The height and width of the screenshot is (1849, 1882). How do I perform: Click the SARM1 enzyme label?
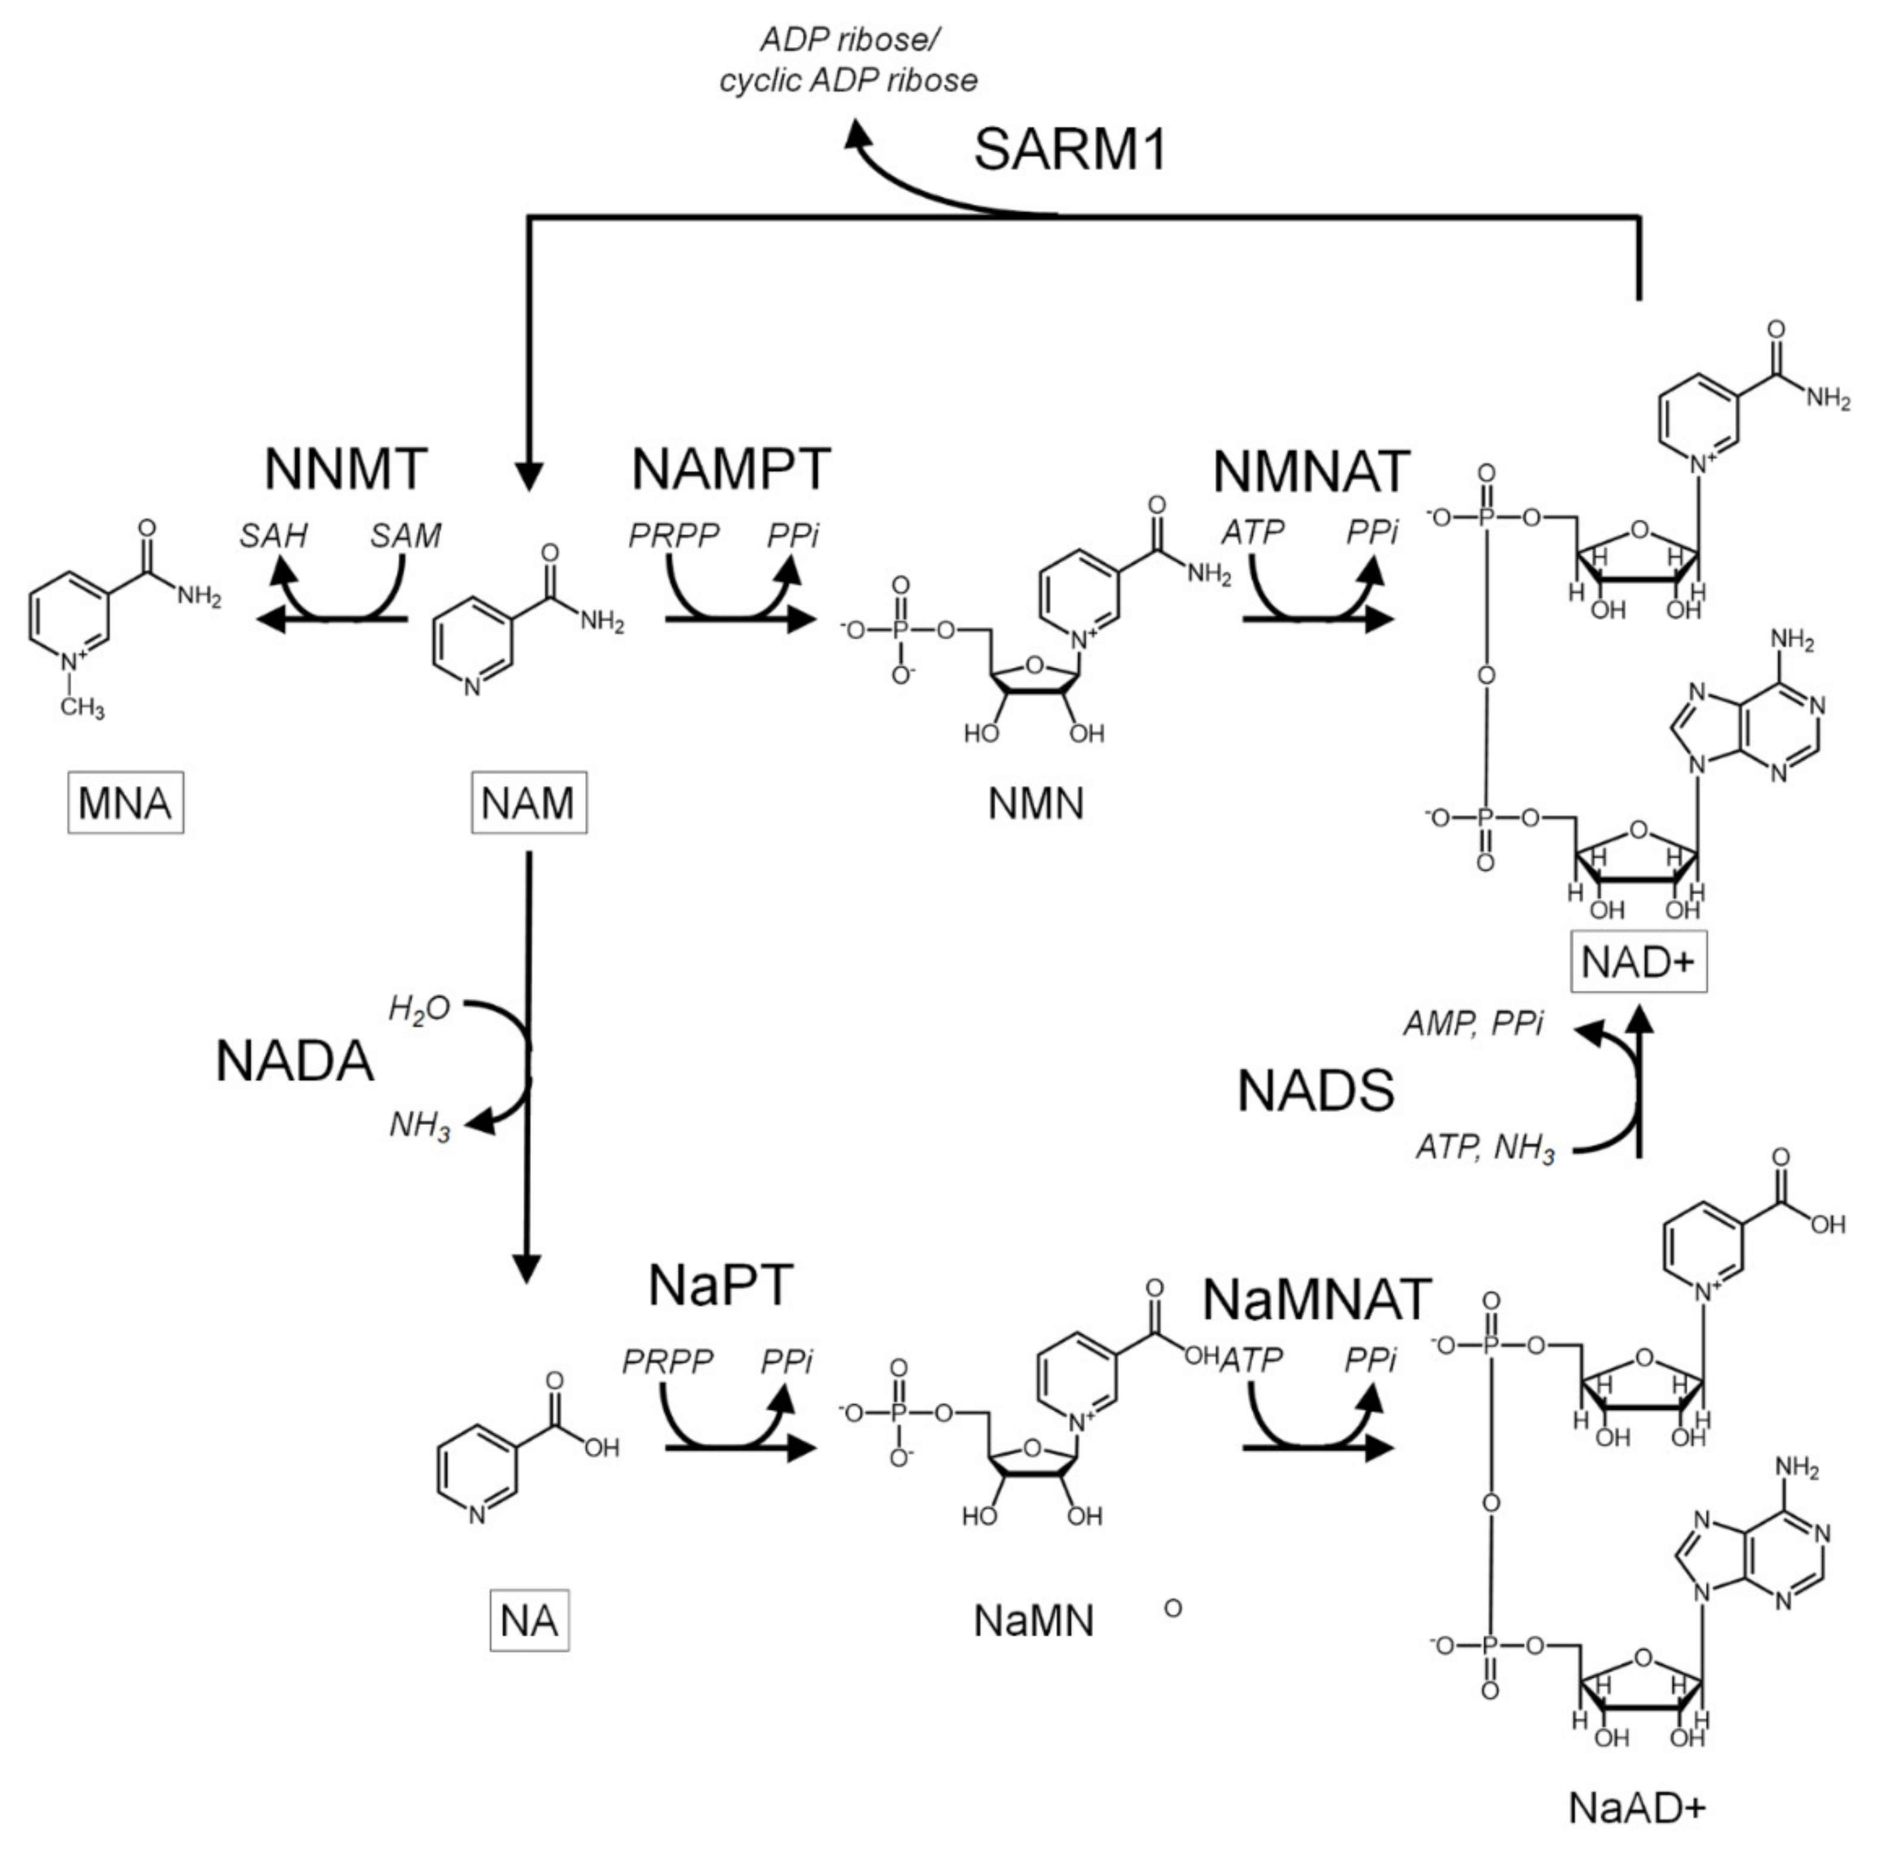tap(1069, 150)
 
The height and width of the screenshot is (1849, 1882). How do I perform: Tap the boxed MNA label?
tap(125, 803)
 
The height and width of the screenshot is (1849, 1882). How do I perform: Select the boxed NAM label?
tap(528, 803)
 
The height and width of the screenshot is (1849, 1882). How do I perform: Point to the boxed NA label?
tap(529, 1621)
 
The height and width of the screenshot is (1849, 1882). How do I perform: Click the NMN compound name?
tap(1035, 804)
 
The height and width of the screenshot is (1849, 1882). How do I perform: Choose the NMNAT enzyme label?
tap(1311, 472)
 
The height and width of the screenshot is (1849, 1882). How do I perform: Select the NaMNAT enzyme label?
tap(1316, 1299)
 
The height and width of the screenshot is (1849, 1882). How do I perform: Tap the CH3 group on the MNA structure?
tap(82, 707)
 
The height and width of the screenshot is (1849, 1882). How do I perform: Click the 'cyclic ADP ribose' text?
tap(848, 81)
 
